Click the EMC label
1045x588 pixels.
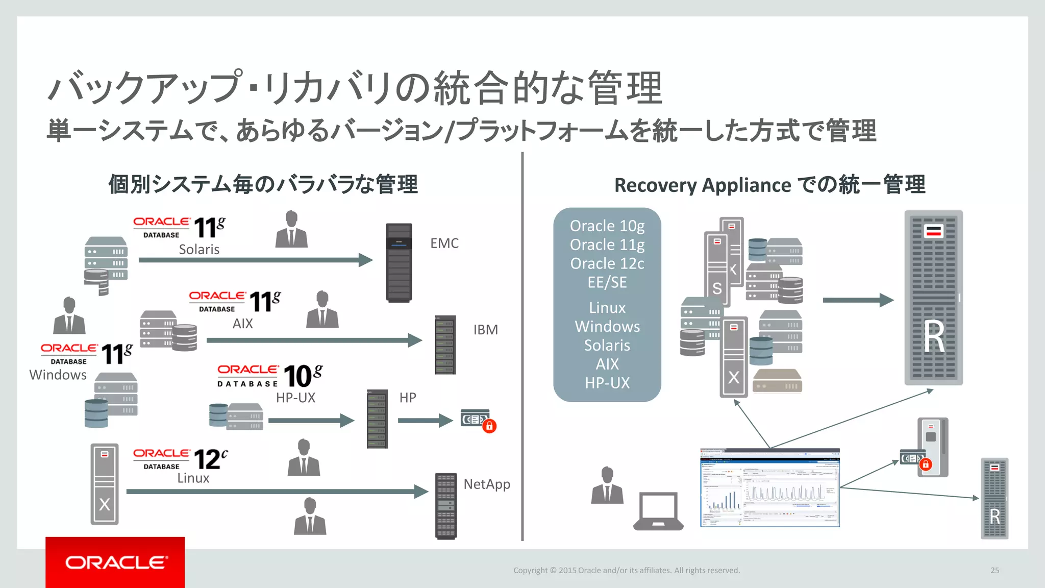(x=444, y=243)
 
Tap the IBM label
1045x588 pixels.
(x=485, y=330)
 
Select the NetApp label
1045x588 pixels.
(x=487, y=484)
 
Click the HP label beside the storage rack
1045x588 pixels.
(x=408, y=398)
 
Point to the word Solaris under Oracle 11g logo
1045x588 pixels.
(x=199, y=250)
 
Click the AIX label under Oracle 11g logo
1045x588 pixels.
(x=242, y=324)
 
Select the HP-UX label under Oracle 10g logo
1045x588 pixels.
(x=295, y=398)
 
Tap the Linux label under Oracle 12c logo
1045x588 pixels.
(x=193, y=478)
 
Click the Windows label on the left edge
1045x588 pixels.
(x=58, y=375)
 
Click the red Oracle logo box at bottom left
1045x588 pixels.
(x=115, y=562)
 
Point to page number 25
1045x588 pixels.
(x=994, y=570)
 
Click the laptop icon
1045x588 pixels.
(x=658, y=511)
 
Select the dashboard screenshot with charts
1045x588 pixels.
(x=769, y=488)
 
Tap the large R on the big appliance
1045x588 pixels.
(x=934, y=336)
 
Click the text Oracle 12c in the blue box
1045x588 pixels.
(x=607, y=263)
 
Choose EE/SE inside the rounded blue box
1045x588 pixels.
(x=607, y=282)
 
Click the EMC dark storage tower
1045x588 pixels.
(x=399, y=262)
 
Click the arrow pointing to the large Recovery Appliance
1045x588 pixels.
(x=857, y=300)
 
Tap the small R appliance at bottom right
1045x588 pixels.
(x=994, y=498)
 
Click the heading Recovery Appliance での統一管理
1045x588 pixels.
(x=769, y=185)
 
